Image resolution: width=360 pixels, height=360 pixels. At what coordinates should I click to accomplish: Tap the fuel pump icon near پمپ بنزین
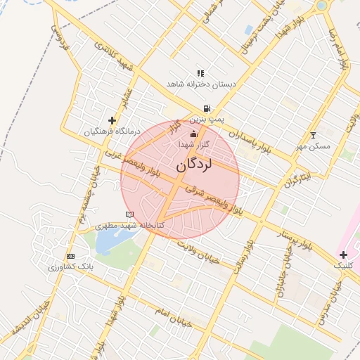[206, 109]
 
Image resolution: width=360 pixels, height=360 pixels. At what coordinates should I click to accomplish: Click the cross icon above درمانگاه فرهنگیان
[112, 121]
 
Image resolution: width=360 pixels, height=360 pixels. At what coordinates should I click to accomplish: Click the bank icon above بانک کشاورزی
[70, 257]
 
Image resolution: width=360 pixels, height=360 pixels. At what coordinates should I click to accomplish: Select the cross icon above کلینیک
[343, 255]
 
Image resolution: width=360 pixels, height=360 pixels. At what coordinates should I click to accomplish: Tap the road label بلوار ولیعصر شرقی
[214, 200]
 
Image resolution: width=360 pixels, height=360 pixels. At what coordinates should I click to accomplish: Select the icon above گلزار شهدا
[194, 134]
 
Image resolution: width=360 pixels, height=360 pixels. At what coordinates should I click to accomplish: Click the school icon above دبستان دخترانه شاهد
[200, 72]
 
